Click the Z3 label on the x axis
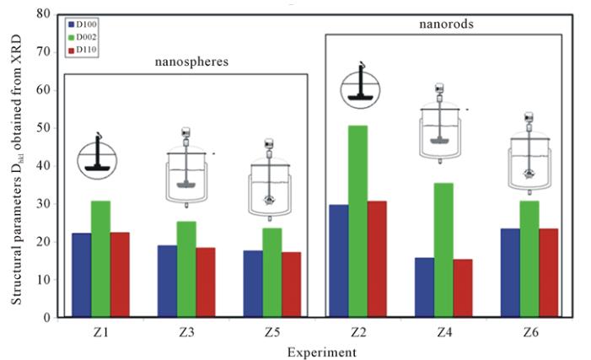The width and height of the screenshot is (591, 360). click(186, 332)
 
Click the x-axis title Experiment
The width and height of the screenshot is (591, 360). click(313, 351)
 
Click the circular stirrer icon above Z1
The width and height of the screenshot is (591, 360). click(100, 157)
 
